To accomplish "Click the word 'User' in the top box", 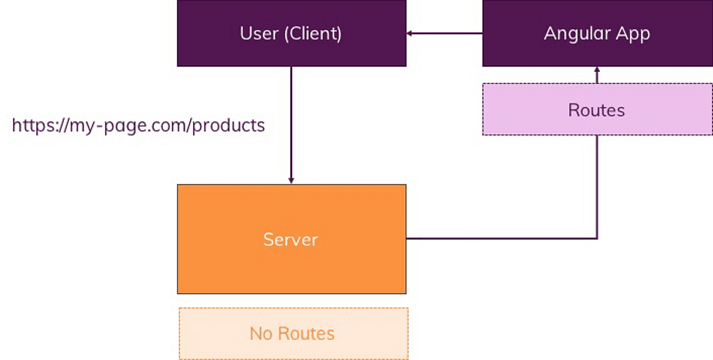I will point(260,33).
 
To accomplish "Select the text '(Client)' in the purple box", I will point(313,33).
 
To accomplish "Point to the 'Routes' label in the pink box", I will point(597,110).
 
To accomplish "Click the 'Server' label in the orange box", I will point(291,239).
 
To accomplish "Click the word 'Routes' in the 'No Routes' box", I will point(306,333).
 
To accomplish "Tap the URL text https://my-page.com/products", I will point(138,125).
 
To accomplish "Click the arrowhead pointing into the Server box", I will point(291,180).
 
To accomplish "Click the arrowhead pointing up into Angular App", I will point(597,71).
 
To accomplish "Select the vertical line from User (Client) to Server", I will point(291,119).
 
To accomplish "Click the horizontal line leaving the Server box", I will point(499,239).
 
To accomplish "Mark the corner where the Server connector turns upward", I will point(597,239).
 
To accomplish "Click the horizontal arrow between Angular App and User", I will point(446,33).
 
